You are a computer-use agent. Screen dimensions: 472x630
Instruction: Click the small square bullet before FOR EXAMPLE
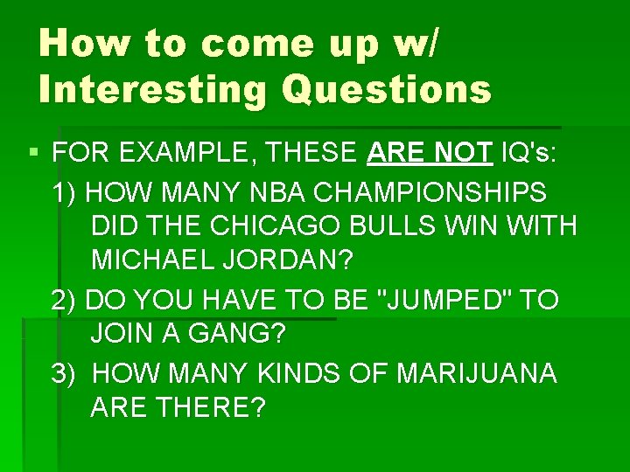(33, 155)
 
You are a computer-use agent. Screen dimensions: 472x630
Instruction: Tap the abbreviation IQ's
(529, 155)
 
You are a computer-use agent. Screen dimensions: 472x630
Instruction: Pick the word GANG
(236, 334)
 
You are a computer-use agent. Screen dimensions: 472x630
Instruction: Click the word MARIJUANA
(476, 373)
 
